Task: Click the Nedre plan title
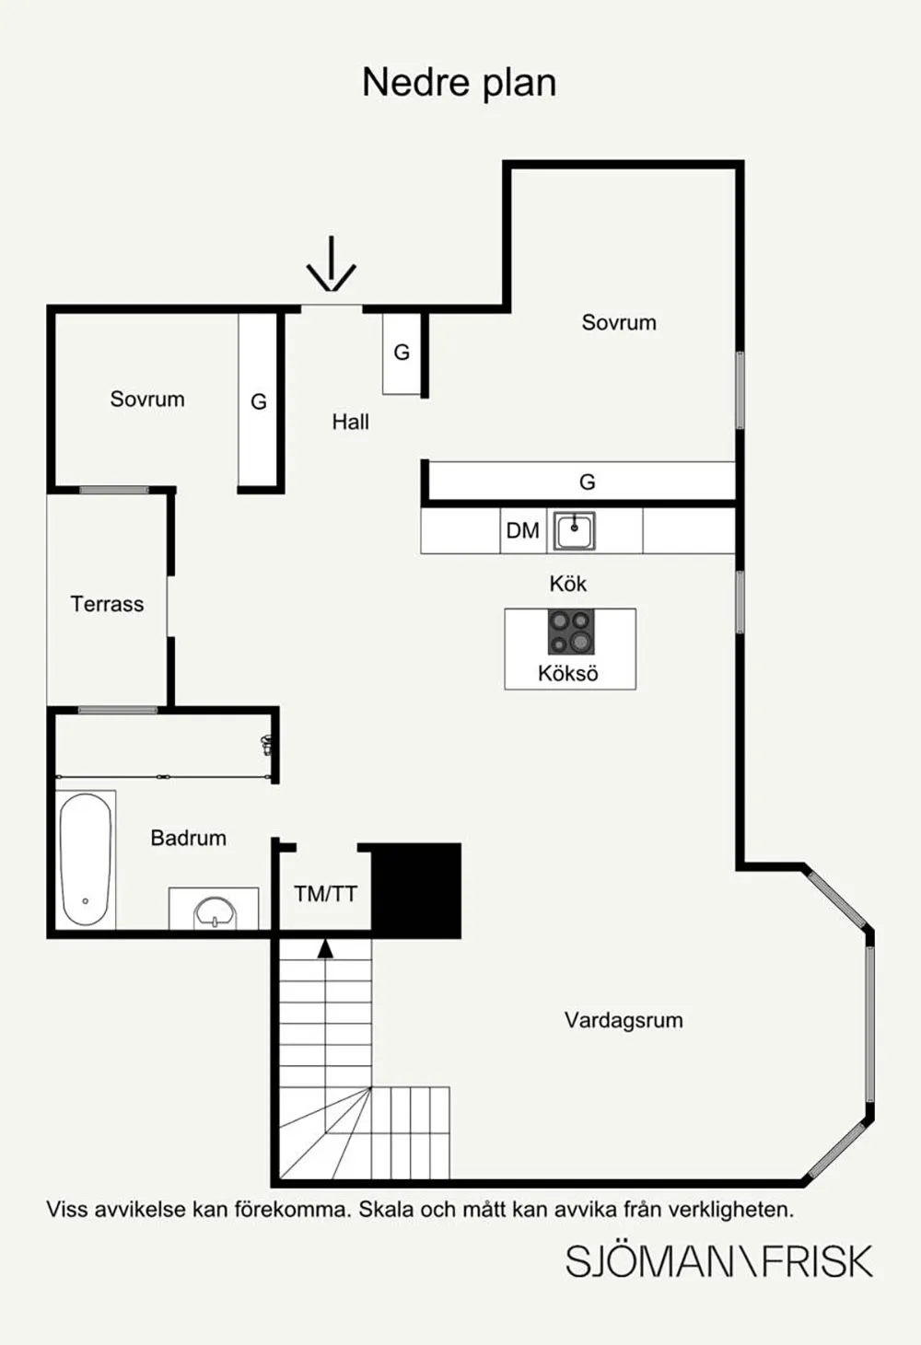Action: point(460,83)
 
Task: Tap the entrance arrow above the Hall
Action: point(331,264)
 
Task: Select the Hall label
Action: point(350,423)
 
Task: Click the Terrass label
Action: point(107,604)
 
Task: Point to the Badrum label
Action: point(189,838)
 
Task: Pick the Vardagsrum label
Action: point(624,1020)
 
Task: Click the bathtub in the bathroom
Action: point(86,859)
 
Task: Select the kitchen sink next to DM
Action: point(575,531)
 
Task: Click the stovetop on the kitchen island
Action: point(571,632)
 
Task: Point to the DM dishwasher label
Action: point(523,531)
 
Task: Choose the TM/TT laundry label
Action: point(325,894)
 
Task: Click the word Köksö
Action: point(568,673)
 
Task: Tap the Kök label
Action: point(567,584)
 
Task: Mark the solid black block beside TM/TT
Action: point(416,890)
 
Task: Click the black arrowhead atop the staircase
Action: point(325,949)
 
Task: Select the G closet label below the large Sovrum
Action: point(587,481)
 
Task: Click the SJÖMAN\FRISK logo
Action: point(718,1261)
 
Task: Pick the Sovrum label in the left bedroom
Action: point(147,400)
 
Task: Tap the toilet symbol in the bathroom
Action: point(266,745)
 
